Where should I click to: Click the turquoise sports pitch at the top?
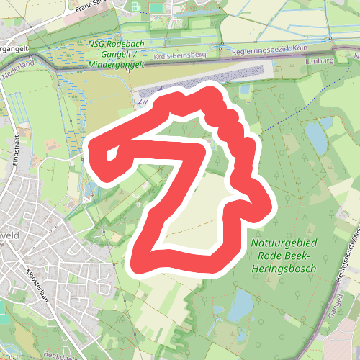tap(157, 9)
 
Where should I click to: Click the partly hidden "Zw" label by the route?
tap(142, 102)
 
